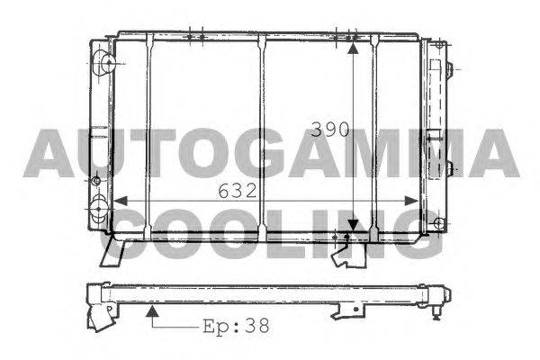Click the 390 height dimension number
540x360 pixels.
tap(330, 130)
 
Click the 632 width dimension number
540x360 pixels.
tap(238, 191)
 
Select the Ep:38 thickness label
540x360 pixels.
tap(236, 326)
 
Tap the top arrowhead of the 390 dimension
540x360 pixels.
tap(353, 48)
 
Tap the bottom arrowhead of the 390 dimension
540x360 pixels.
tap(353, 225)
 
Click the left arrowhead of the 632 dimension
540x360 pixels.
tap(121, 201)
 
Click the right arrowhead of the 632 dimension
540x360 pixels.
tap(411, 201)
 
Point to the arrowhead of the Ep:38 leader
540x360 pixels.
tap(152, 311)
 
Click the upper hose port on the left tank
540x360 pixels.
tap(107, 63)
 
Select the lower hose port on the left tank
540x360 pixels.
tap(98, 209)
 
